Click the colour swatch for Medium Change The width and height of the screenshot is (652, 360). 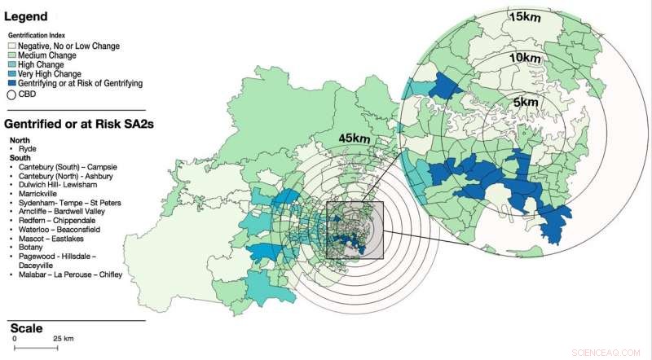pos(12,55)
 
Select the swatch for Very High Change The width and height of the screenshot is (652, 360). pos(12,73)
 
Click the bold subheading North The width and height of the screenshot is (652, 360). pos(20,140)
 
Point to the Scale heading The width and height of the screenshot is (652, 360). pos(25,327)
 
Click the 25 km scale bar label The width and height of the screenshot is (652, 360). pos(63,338)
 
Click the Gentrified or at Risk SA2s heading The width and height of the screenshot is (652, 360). pos(73,125)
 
